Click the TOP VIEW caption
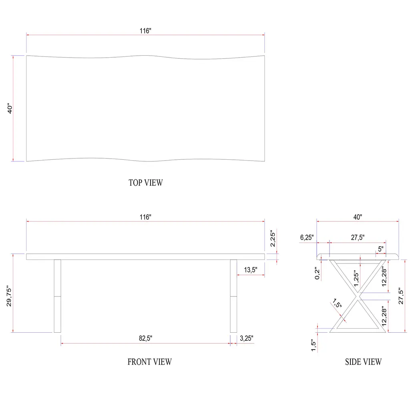click(x=146, y=183)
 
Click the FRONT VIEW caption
click(x=150, y=362)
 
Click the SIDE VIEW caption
click(x=363, y=362)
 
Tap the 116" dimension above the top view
click(x=145, y=31)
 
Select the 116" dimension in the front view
click(x=145, y=217)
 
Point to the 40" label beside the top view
click(x=10, y=108)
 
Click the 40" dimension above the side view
click(x=358, y=217)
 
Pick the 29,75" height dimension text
click(x=9, y=296)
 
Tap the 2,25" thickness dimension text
click(x=273, y=239)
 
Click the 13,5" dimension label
click(x=251, y=269)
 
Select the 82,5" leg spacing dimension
click(x=145, y=338)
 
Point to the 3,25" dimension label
click(x=246, y=338)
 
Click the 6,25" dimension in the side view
click(x=307, y=237)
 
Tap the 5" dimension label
click(x=381, y=249)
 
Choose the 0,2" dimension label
click(x=317, y=273)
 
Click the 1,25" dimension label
click(x=356, y=278)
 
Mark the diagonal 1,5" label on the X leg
click(x=337, y=303)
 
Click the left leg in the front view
click(x=57, y=296)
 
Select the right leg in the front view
click(x=233, y=296)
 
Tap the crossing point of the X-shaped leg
click(x=358, y=296)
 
